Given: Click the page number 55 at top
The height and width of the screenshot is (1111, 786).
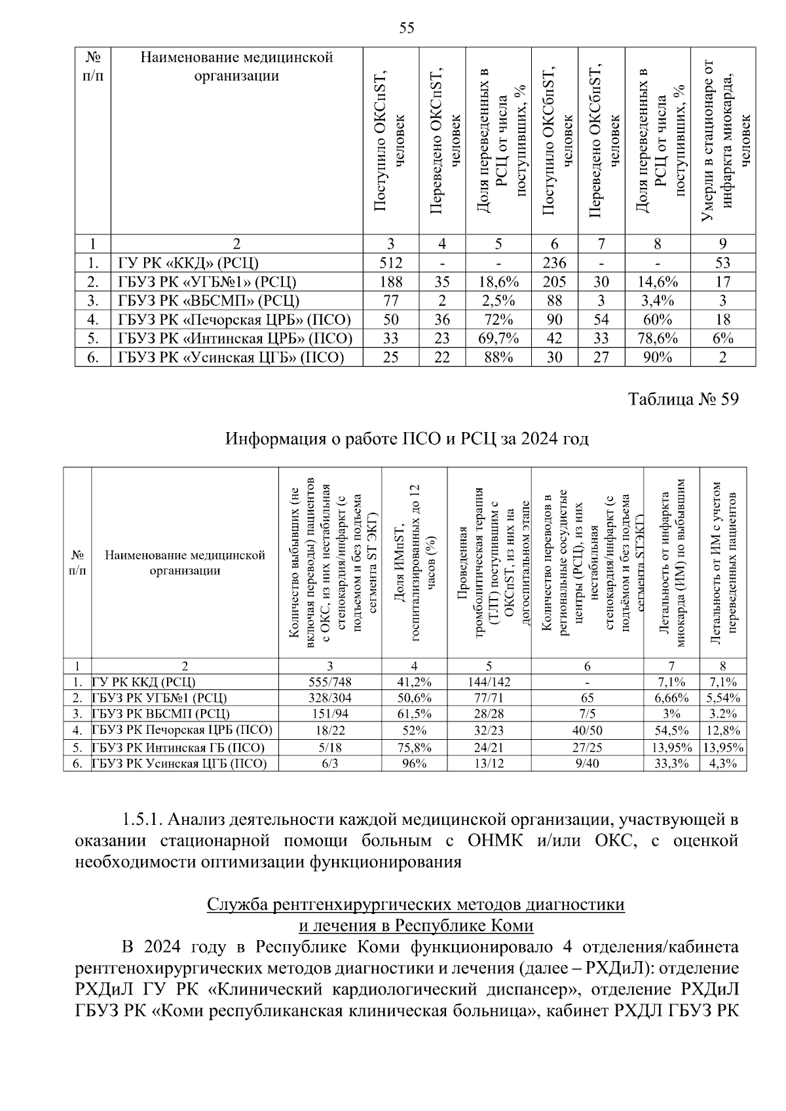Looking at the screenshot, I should [x=406, y=27].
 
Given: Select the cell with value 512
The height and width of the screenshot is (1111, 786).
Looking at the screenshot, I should [x=390, y=263].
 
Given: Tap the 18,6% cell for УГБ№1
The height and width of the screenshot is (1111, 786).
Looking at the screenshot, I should [x=498, y=282].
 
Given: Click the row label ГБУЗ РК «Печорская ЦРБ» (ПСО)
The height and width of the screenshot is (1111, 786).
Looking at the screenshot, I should [x=234, y=319].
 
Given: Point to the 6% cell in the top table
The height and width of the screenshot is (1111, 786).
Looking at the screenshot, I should [x=722, y=338].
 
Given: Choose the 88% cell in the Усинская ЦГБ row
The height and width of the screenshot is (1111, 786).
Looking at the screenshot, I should [x=498, y=357].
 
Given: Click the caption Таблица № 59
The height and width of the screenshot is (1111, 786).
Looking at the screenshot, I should [x=683, y=399].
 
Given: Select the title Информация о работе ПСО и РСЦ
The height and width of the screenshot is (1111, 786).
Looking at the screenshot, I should [x=407, y=438].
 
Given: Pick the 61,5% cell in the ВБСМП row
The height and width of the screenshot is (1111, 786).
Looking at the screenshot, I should [x=414, y=714].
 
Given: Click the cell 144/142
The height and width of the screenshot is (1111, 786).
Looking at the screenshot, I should [x=489, y=682].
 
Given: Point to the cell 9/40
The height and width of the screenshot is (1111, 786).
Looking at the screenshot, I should [x=587, y=763].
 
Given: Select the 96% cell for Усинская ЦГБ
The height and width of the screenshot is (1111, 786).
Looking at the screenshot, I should [x=414, y=763].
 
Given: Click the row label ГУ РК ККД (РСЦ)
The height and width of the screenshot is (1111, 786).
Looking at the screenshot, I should [x=144, y=682].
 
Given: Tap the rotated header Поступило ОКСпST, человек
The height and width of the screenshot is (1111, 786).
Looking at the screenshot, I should [x=390, y=141].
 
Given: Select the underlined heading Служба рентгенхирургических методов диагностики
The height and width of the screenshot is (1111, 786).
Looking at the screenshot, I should [x=415, y=905].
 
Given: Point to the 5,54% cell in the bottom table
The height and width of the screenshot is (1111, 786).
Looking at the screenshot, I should [x=722, y=698].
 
